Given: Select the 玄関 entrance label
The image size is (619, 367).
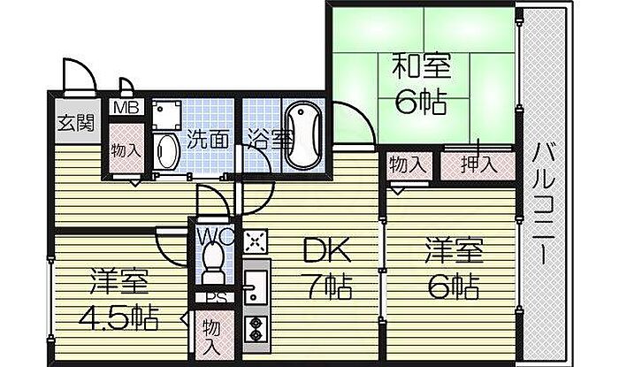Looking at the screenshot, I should pos(74,123).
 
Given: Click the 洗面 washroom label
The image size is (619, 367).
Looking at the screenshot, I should pos(208,139).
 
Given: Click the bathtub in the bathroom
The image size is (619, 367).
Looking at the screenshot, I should pos(304,136).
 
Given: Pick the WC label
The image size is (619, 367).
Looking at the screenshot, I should pos(213,236).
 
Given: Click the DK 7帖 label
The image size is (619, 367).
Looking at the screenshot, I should pos(326,267).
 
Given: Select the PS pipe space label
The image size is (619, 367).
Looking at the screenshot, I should pos(213,298).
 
